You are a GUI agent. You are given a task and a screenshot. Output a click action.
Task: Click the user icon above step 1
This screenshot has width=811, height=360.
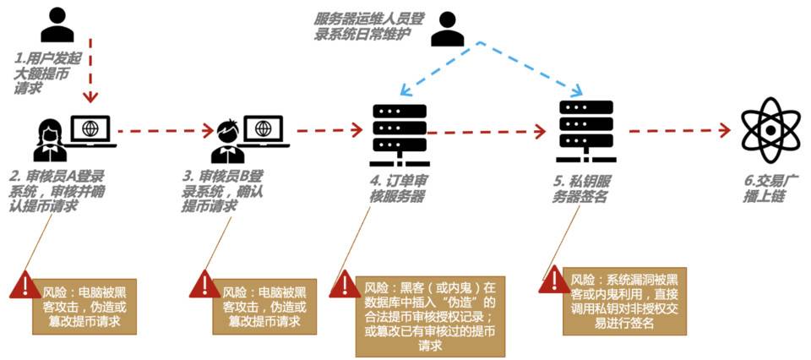(57, 25)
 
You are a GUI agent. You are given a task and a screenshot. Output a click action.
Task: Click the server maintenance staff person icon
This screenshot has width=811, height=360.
(448, 30)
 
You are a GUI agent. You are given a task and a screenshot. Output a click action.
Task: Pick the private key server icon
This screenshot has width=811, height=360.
(581, 132)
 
